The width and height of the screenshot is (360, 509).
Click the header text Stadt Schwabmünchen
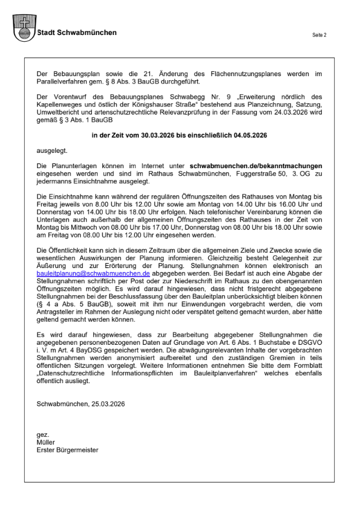point(77,33)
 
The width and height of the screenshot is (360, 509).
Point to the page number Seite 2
point(319,35)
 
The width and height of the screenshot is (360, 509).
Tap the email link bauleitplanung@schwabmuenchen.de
point(93,273)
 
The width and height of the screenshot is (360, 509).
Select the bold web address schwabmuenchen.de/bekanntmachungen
point(256,166)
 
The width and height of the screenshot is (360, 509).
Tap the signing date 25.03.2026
point(100,404)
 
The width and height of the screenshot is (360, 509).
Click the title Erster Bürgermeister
point(67,450)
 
